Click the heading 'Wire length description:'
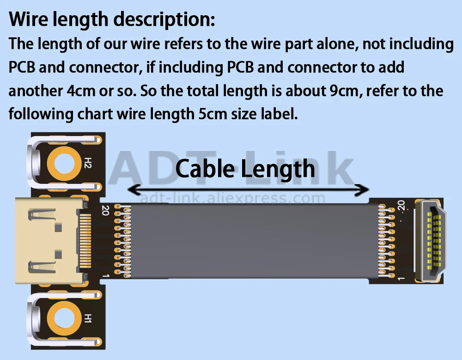point(112,19)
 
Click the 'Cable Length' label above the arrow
point(245,169)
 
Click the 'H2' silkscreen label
point(88,162)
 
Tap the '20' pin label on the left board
point(105,210)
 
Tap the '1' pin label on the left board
point(105,276)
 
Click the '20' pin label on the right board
point(401,204)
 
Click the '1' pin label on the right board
point(401,278)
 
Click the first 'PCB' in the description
point(23,67)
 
